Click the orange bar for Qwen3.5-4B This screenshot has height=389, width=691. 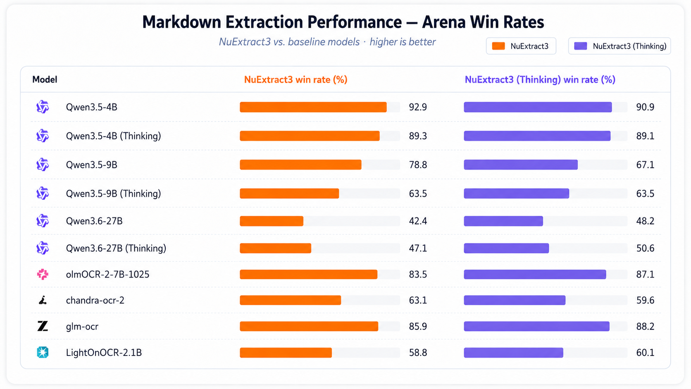[313, 107]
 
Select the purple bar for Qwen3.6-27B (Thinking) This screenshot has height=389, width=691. [506, 248]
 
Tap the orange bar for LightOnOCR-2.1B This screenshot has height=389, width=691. [286, 353]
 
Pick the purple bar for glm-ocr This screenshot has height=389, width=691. [536, 327]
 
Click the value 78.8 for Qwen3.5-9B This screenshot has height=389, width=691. [418, 165]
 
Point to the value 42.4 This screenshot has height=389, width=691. [418, 221]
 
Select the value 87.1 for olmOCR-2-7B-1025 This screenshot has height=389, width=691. [645, 274]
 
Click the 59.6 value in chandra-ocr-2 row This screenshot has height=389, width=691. [645, 300]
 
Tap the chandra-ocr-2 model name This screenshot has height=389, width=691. [95, 300]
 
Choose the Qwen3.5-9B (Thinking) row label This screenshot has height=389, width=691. [113, 194]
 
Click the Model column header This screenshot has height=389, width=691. [45, 80]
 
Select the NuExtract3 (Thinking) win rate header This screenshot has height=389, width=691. [540, 80]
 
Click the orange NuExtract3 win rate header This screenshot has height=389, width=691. [295, 80]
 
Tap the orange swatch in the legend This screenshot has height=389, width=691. [498, 46]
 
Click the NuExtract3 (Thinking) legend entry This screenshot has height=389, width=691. [620, 46]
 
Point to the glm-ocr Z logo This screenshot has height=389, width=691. [43, 326]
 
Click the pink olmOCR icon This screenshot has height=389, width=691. [43, 274]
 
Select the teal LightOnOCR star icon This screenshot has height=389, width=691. [43, 352]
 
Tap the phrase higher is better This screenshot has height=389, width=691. [403, 42]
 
